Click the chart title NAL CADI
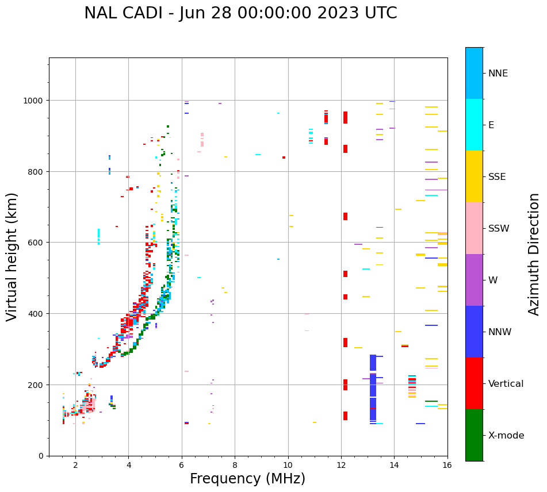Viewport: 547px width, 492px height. [x=240, y=13]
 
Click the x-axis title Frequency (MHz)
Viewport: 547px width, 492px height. [x=247, y=479]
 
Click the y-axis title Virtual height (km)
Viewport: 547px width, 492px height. [x=12, y=257]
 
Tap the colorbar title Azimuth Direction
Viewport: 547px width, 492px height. [x=534, y=254]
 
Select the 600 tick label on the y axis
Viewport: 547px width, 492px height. [x=37, y=243]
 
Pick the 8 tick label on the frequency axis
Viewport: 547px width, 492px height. [x=235, y=466]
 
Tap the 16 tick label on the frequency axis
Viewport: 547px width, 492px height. [x=447, y=466]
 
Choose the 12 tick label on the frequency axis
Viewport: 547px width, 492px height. [x=341, y=466]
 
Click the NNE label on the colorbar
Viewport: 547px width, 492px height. [x=498, y=74]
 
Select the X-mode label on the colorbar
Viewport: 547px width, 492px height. [x=506, y=436]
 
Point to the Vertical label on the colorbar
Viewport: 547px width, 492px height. [x=506, y=384]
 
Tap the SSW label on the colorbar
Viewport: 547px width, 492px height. [x=499, y=229]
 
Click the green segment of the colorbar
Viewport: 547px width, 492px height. [x=474, y=435]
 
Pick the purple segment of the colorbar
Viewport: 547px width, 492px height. [x=474, y=280]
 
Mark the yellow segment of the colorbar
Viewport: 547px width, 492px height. [x=474, y=176]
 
